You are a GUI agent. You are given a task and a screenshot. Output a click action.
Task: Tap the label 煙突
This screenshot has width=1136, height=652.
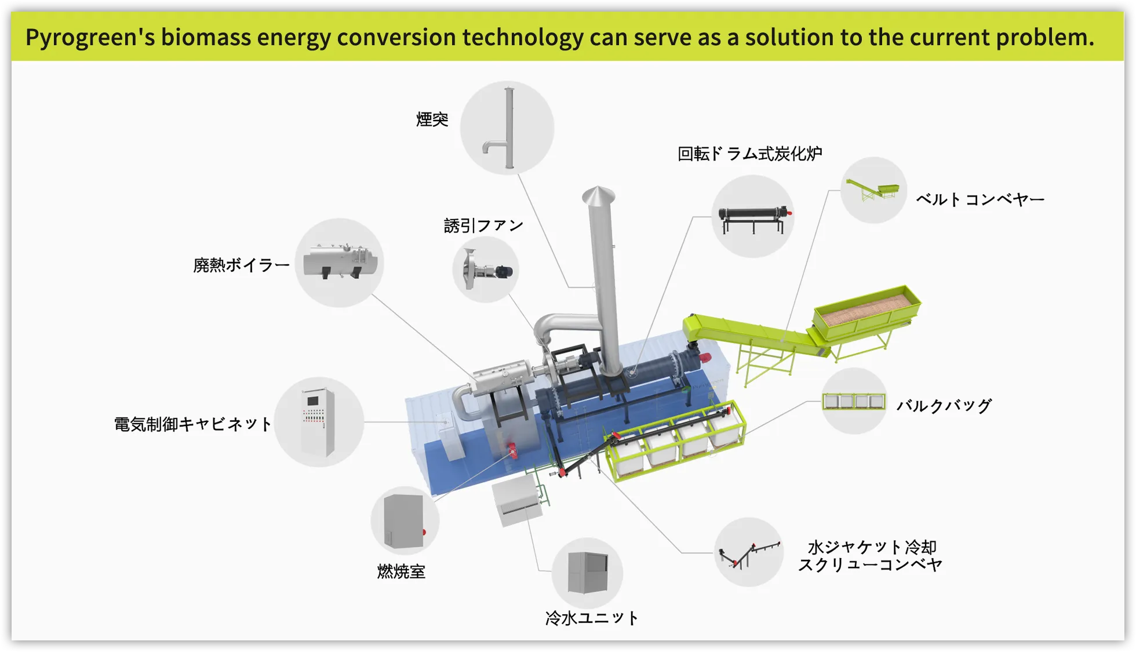[x=432, y=119]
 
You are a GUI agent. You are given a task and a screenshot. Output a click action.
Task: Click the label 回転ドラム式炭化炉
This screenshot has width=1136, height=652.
[x=750, y=154]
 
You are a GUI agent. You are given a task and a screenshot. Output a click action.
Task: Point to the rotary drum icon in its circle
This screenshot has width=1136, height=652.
[x=753, y=217]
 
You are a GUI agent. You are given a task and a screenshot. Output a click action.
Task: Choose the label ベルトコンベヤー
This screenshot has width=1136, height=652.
[x=980, y=200]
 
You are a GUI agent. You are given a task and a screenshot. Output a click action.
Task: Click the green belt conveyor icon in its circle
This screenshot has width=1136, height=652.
[x=873, y=190]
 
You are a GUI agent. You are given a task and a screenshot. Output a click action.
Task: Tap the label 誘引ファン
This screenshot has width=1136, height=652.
[x=483, y=225]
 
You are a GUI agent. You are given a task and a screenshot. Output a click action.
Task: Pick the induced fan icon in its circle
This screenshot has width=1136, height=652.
[x=486, y=270]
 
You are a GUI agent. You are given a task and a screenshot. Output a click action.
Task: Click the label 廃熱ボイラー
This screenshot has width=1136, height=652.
[x=241, y=265]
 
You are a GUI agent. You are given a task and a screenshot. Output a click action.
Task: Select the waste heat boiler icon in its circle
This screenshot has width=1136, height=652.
[x=340, y=263]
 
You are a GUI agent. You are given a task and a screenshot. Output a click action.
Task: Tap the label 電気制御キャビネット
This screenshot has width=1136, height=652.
[x=192, y=424]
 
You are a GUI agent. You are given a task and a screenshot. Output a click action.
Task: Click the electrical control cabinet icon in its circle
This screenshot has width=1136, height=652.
[x=318, y=422]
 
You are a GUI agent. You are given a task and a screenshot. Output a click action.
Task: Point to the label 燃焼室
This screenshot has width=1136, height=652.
[x=401, y=572]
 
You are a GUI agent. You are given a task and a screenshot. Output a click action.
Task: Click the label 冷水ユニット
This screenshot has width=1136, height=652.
[x=591, y=618]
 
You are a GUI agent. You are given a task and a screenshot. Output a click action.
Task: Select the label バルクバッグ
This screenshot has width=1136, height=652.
[x=944, y=406]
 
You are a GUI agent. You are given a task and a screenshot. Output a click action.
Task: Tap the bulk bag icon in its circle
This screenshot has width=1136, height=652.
[x=854, y=401]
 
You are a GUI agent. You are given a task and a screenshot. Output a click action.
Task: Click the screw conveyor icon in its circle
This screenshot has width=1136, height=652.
[x=749, y=552]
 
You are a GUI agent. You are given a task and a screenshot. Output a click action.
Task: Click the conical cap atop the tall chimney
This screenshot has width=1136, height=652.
[x=599, y=195]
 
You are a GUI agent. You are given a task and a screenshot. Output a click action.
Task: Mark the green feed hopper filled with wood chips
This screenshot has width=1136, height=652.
[x=867, y=312]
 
